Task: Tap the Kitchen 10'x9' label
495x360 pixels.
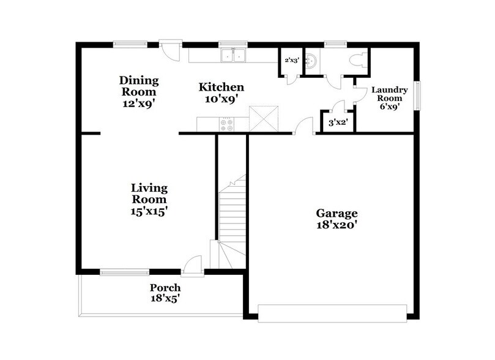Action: point(221,92)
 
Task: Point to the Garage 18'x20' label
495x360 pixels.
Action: point(337,219)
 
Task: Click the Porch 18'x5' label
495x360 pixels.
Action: point(165,293)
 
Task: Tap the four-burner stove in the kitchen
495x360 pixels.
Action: point(226,124)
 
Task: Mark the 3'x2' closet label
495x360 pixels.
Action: point(335,122)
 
